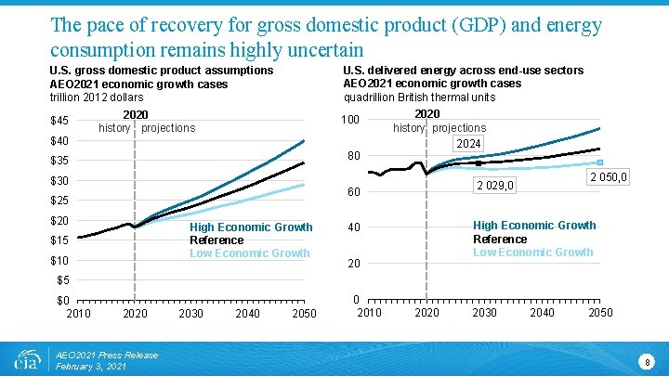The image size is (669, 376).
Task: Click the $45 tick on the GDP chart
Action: coord(59,121)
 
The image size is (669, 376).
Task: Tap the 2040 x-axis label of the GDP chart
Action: coord(248,314)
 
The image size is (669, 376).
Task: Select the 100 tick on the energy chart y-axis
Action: coord(350,121)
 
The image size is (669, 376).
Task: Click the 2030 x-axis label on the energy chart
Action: coord(484,313)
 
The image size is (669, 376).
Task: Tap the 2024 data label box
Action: coord(468,144)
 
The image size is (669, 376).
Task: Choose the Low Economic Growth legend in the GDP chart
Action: coord(250,253)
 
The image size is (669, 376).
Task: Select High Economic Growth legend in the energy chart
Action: coord(534,226)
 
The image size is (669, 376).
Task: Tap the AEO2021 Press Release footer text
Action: coord(107,355)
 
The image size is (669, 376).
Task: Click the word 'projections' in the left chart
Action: coord(168,128)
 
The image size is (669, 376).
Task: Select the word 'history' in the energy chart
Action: coord(409,128)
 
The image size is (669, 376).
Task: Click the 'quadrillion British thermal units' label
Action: coord(419,97)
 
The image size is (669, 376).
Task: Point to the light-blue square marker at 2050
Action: coord(600,162)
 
